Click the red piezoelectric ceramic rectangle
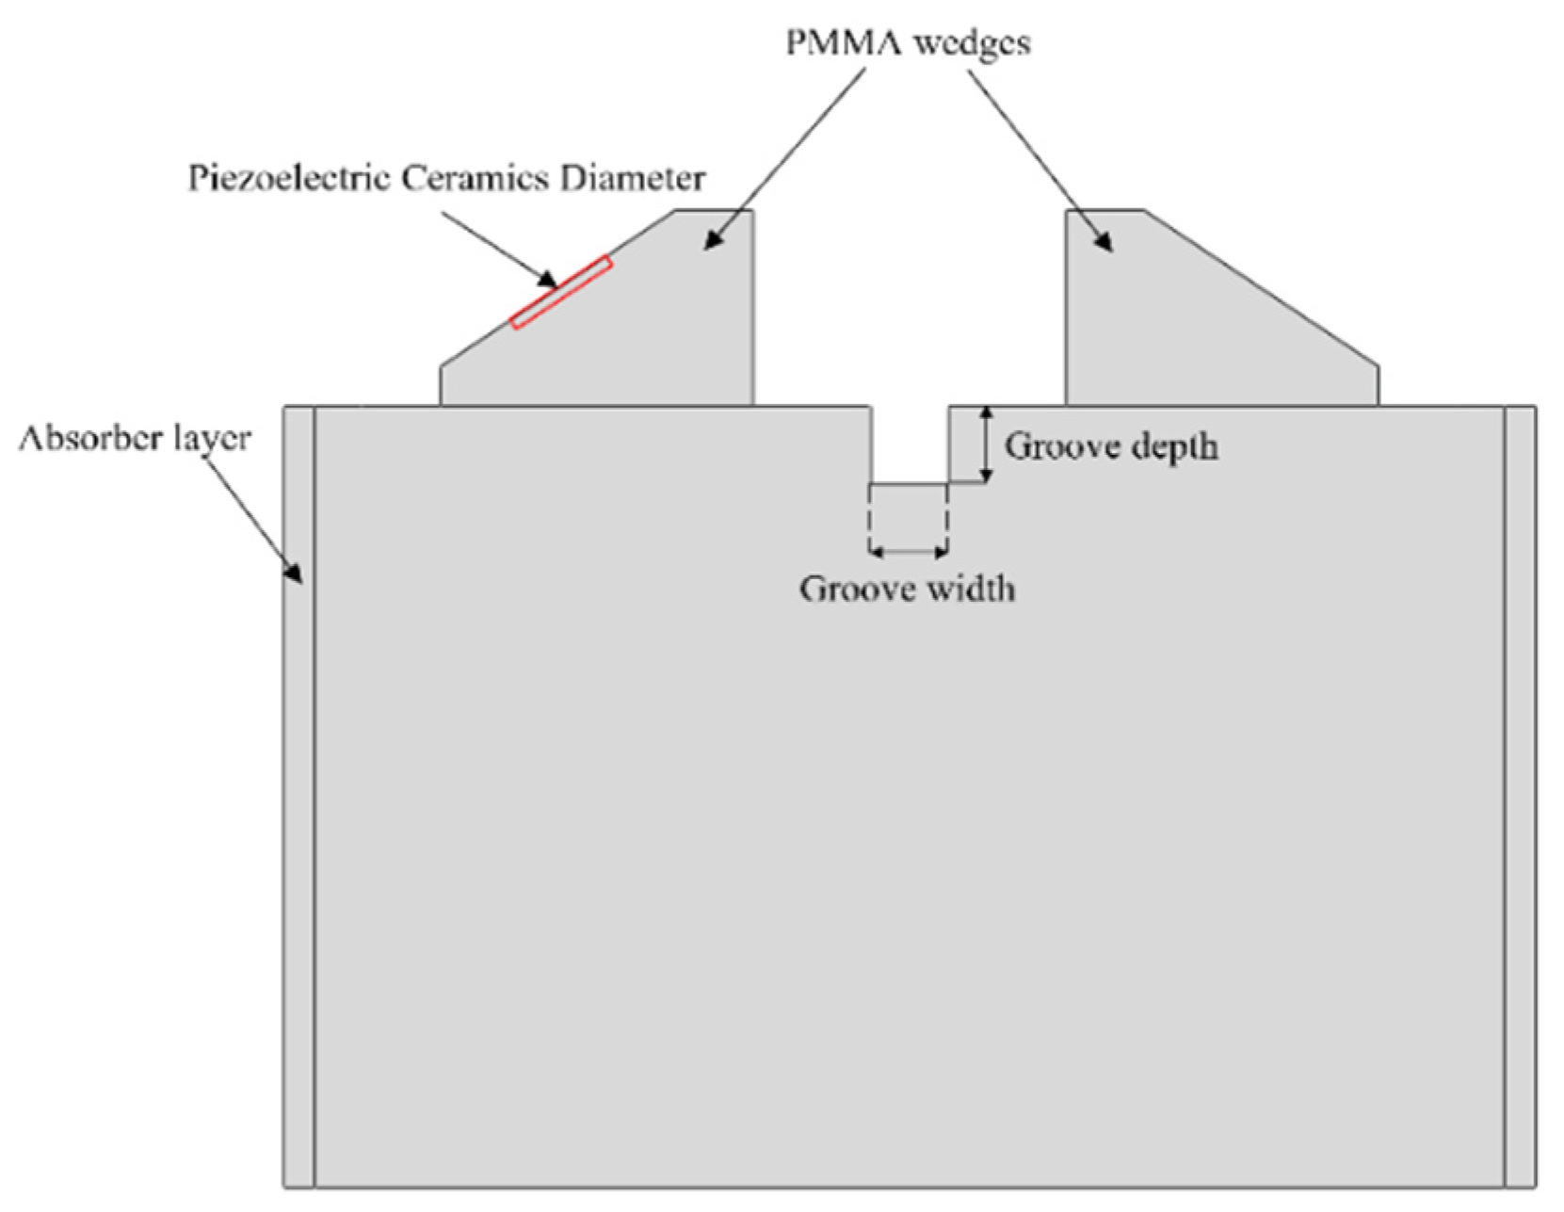[561, 293]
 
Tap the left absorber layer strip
[298, 800]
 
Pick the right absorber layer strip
[1519, 800]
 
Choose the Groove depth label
[1110, 446]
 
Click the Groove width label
[907, 590]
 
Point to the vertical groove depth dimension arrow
[986, 444]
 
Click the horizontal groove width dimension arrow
[908, 552]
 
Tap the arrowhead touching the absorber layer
[295, 572]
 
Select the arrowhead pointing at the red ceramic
[548, 279]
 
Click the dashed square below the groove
[908, 518]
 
